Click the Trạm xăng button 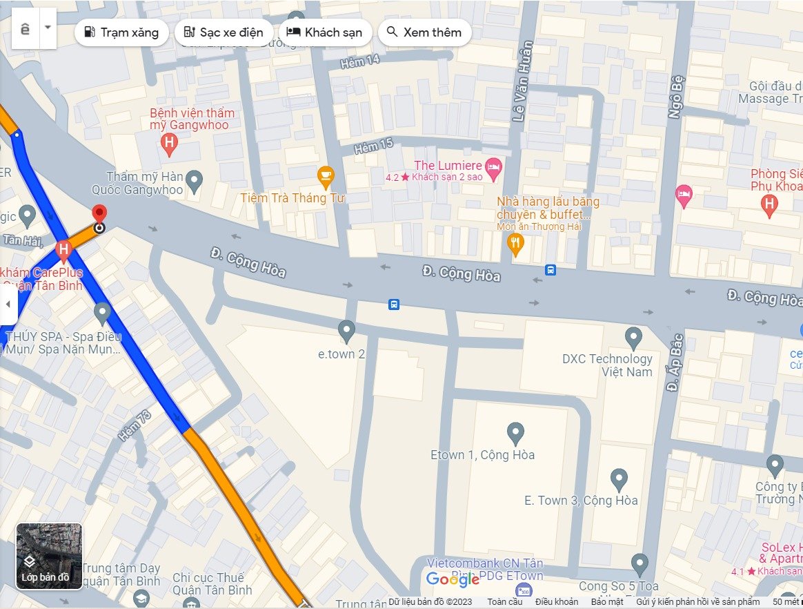(x=121, y=32)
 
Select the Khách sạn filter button (x=325, y=32)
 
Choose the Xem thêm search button (x=424, y=32)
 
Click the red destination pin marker (x=99, y=213)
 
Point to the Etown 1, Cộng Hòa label (x=482, y=455)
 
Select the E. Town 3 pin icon (x=619, y=478)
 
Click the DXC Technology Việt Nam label (x=606, y=365)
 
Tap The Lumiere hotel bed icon (x=493, y=166)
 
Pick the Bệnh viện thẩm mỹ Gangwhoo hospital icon (x=168, y=144)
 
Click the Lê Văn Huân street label (x=523, y=81)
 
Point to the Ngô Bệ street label (x=677, y=97)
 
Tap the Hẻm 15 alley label (x=373, y=146)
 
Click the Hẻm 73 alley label (x=134, y=426)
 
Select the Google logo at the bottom (x=453, y=580)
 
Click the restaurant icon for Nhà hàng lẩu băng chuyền (x=515, y=242)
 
